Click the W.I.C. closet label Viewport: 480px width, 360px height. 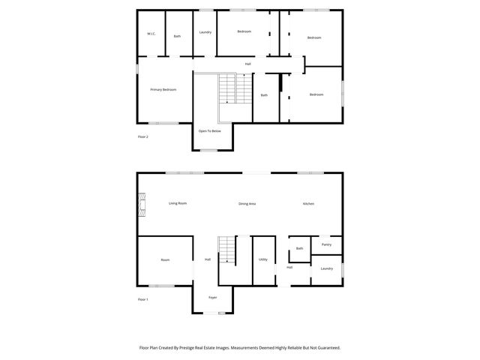pos(151,34)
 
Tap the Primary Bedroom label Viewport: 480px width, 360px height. pos(163,90)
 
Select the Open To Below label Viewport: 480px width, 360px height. pos(209,131)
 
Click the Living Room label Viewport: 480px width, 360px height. pos(178,204)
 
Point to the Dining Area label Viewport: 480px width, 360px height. pos(247,204)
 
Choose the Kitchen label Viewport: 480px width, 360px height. pos(308,204)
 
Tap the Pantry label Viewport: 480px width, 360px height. pos(326,244)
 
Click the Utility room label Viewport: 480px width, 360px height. pos(263,259)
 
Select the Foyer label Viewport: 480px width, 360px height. pos(213,297)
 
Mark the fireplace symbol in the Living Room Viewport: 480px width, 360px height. pos(140,204)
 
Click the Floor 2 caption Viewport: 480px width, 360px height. pos(143,137)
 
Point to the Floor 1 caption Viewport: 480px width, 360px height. pos(143,300)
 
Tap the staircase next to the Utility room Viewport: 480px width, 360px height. pos(227,250)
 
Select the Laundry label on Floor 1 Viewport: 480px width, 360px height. pos(326,268)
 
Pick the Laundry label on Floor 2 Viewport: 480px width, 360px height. pos(205,32)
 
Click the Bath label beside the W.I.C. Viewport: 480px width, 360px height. pos(177,36)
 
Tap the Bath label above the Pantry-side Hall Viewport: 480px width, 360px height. pos(299,248)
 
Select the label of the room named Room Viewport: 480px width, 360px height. pos(165,260)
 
